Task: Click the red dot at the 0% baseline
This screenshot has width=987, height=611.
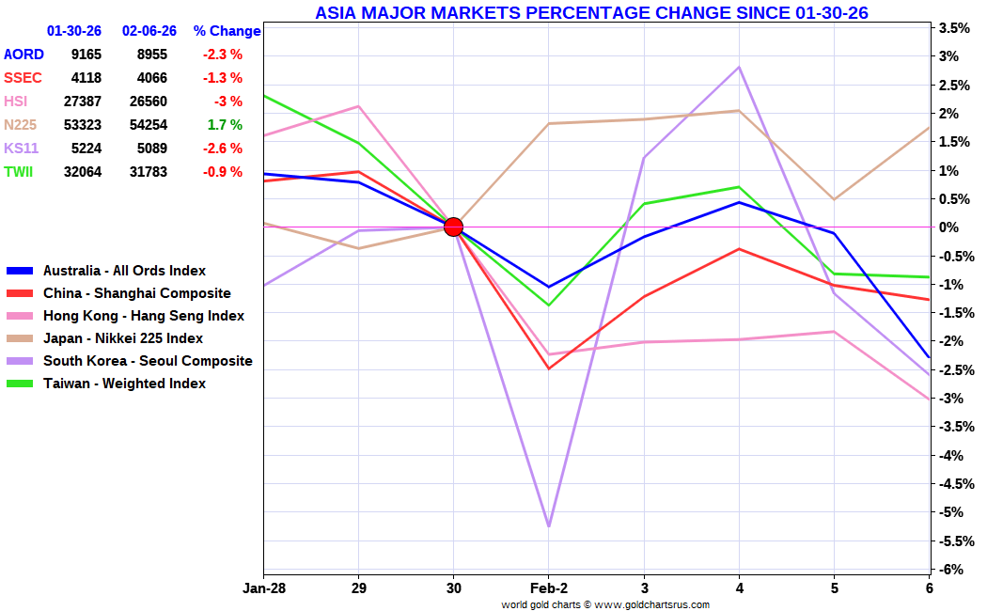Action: tap(453, 227)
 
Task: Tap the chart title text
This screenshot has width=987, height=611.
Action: tap(591, 12)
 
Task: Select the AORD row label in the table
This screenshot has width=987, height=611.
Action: tap(23, 55)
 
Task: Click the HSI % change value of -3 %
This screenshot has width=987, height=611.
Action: tap(227, 102)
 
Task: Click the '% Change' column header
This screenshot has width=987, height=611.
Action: tap(227, 31)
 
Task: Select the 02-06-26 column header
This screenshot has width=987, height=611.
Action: tap(149, 31)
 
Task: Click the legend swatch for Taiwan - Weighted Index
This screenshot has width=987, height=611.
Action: tap(20, 384)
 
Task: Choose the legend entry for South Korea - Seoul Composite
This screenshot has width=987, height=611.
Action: tap(129, 361)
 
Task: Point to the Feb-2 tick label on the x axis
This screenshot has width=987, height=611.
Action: tap(549, 588)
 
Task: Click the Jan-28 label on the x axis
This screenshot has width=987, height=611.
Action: tap(264, 588)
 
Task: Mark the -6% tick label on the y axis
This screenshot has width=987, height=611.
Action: tap(951, 570)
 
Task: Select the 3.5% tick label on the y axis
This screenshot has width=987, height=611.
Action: tap(955, 27)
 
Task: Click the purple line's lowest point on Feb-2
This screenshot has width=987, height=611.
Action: tap(549, 526)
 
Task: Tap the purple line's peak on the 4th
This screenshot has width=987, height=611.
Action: tap(739, 67)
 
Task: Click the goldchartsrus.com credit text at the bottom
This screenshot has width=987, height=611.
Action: tap(605, 604)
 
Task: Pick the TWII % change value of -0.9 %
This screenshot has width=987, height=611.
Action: tap(222, 172)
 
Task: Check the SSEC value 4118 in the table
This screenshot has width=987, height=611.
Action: tap(86, 78)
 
